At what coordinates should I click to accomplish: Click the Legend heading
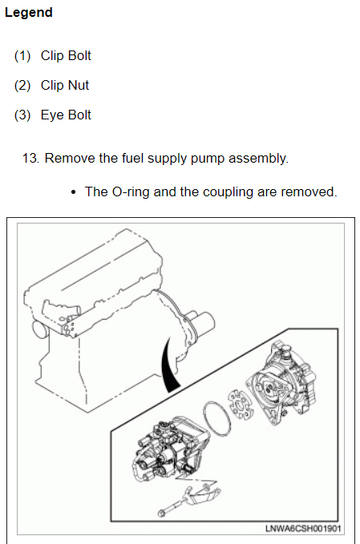coord(29,13)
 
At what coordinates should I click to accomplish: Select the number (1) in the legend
coord(22,56)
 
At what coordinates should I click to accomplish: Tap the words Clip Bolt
coord(66,55)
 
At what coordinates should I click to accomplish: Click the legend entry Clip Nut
coord(65,86)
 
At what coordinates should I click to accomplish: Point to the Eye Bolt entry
coord(66,115)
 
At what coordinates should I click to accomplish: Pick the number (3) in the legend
coord(22,115)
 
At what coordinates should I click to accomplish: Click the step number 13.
coord(30,158)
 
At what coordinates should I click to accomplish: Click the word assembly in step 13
coord(258,159)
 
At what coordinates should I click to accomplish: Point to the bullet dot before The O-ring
coord(73,192)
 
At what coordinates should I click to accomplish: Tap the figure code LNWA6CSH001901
coord(303,529)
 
